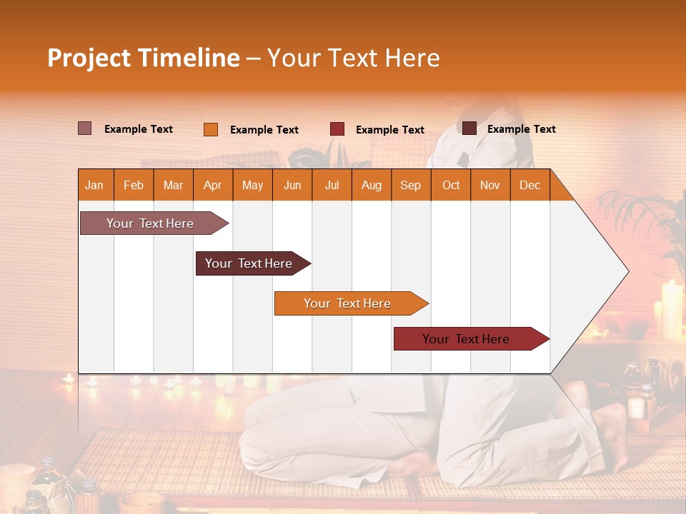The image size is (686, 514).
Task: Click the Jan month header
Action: click(94, 185)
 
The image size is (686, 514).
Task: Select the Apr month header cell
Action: click(212, 185)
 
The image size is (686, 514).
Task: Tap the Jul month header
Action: click(332, 185)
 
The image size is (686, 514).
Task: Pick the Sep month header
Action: click(410, 185)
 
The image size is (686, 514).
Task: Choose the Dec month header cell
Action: click(530, 185)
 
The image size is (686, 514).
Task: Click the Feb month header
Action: click(134, 185)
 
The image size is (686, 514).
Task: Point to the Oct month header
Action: click(451, 185)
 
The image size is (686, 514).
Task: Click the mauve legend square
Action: click(85, 128)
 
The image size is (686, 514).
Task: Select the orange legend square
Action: click(211, 129)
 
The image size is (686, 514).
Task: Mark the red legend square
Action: click(337, 129)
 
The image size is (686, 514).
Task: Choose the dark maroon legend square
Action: click(469, 128)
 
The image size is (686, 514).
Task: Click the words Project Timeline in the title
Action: click(143, 58)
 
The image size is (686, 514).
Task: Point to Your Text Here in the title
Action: click(353, 58)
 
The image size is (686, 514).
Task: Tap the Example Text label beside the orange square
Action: click(264, 130)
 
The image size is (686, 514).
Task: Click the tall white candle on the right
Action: click(672, 310)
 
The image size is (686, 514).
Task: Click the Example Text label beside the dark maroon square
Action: click(522, 129)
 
